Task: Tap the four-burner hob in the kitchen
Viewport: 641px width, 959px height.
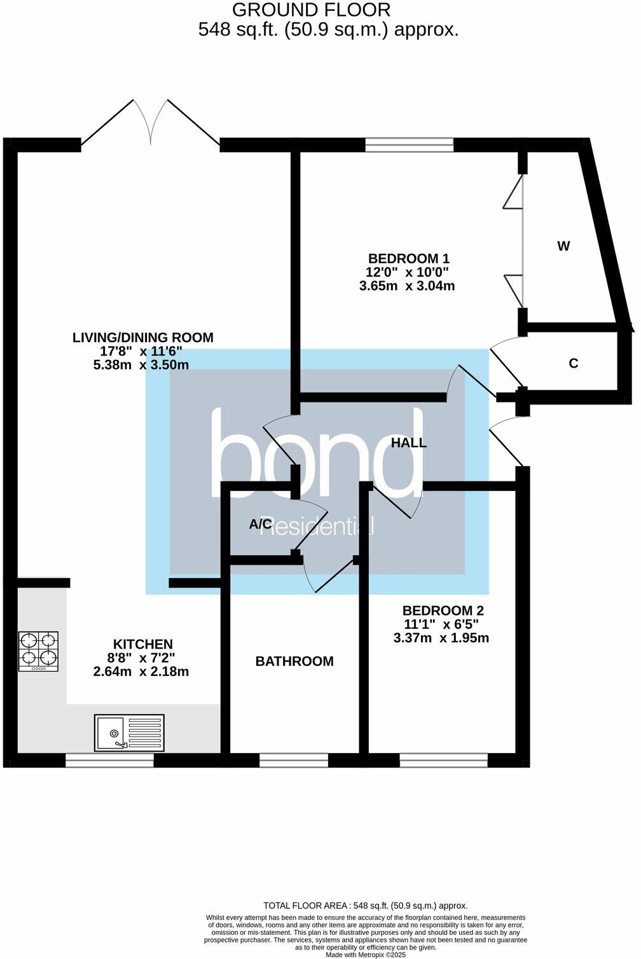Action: pyautogui.click(x=39, y=651)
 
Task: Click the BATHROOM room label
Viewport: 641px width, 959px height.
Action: pyautogui.click(x=294, y=661)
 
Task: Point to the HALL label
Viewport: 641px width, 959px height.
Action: pyautogui.click(x=408, y=443)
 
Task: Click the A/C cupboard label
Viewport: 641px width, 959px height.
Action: pyautogui.click(x=261, y=524)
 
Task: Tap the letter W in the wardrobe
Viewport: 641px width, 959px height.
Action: pyautogui.click(x=563, y=246)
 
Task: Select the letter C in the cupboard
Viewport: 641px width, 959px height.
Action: pyautogui.click(x=573, y=364)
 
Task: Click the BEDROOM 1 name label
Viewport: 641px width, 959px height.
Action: pyautogui.click(x=409, y=259)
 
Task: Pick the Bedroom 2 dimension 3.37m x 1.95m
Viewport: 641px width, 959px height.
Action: pyautogui.click(x=441, y=638)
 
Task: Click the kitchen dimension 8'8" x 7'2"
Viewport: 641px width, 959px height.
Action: pyautogui.click(x=142, y=658)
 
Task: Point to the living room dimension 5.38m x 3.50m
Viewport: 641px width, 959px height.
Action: pyautogui.click(x=141, y=365)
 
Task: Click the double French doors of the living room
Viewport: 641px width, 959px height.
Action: pyautogui.click(x=151, y=124)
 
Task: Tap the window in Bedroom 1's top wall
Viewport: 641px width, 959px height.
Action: pyautogui.click(x=410, y=145)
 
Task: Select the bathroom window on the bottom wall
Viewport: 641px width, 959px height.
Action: pyautogui.click(x=294, y=759)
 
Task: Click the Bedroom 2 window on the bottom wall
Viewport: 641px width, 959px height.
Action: pyautogui.click(x=444, y=759)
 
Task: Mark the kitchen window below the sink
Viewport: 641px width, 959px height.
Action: pyautogui.click(x=110, y=759)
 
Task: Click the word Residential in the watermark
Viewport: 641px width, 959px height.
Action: pyautogui.click(x=316, y=526)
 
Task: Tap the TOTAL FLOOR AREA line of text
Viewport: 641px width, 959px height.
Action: pyautogui.click(x=366, y=906)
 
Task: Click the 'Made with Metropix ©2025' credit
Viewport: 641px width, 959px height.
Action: pyautogui.click(x=366, y=955)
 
